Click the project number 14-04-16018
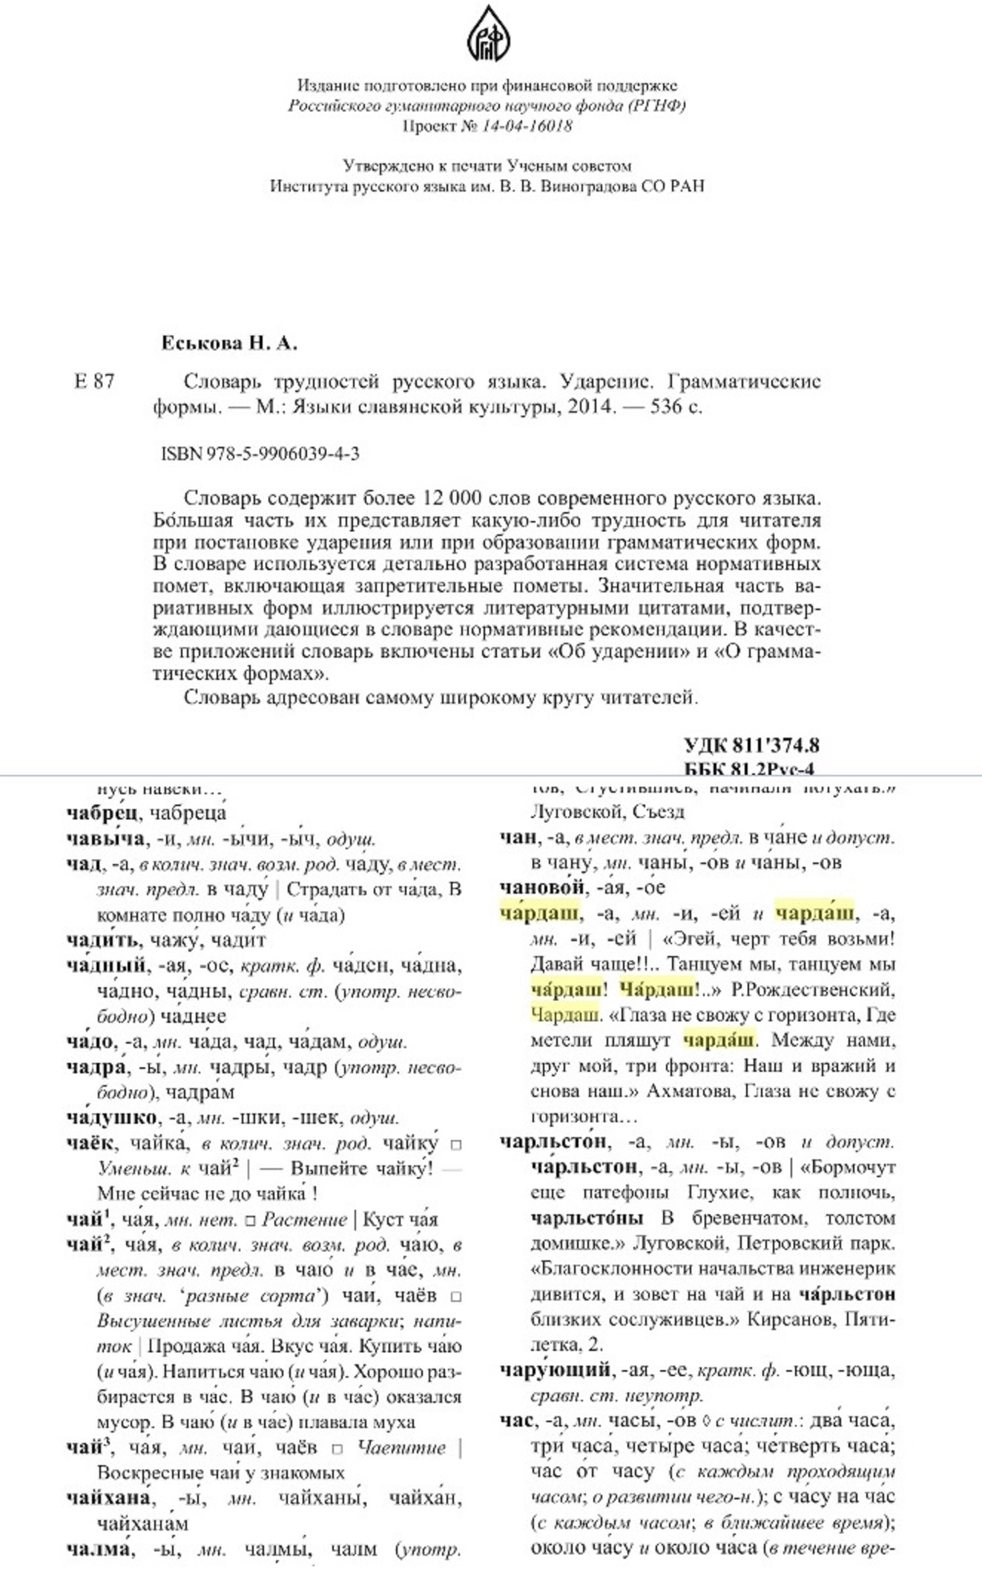pos(527,125)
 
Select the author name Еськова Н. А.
pos(229,343)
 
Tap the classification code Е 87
pos(94,382)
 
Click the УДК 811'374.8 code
pos(751,745)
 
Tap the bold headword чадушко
pos(111,1117)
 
